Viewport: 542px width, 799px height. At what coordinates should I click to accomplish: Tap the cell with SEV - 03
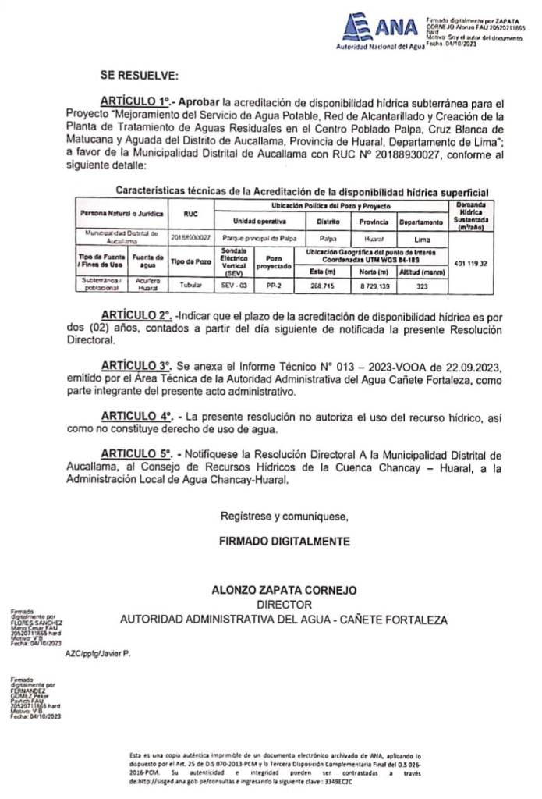tap(234, 286)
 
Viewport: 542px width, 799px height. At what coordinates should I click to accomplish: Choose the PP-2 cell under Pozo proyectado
tap(273, 286)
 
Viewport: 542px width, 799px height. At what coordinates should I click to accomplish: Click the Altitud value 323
tap(422, 286)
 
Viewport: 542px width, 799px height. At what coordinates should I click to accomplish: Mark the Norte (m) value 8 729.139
tap(374, 286)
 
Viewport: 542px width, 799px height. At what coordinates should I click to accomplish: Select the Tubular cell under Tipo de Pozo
tap(191, 286)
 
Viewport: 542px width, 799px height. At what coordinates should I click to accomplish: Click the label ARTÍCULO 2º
tap(135, 315)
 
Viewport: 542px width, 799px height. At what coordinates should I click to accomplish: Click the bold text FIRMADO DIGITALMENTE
tap(285, 541)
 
